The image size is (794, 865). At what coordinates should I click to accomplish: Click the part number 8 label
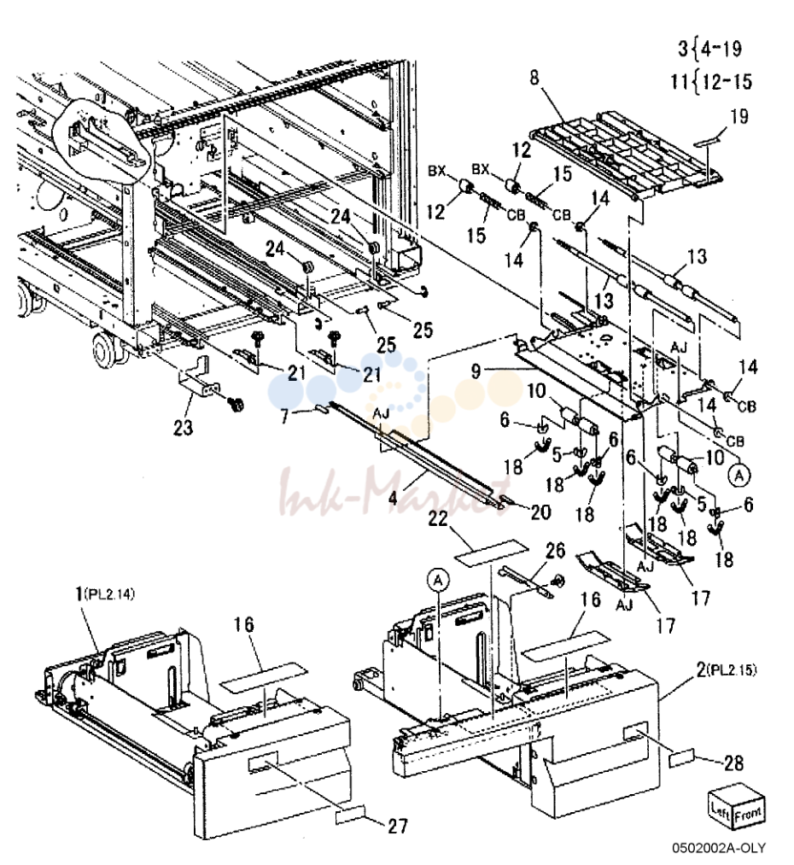(x=534, y=78)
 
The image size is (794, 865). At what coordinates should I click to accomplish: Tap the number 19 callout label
(x=739, y=116)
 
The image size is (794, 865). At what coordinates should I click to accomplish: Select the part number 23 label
(x=184, y=426)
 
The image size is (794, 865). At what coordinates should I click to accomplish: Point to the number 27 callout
(x=398, y=826)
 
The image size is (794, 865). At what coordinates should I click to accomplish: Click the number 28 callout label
(x=733, y=763)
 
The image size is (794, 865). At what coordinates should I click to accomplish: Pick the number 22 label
(x=439, y=519)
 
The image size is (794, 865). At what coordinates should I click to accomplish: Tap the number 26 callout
(x=555, y=550)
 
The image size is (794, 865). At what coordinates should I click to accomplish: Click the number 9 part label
(x=476, y=371)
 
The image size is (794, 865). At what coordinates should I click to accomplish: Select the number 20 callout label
(x=540, y=512)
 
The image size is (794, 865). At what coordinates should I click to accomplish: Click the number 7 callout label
(x=285, y=416)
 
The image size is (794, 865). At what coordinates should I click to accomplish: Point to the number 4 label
(x=393, y=498)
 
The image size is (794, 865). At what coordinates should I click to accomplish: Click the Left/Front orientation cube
(x=736, y=807)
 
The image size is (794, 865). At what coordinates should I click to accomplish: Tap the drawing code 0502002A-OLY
(x=719, y=847)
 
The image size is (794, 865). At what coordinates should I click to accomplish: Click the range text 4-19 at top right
(x=720, y=49)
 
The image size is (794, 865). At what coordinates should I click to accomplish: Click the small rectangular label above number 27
(x=349, y=815)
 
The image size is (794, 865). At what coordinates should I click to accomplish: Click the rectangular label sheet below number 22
(x=491, y=552)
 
